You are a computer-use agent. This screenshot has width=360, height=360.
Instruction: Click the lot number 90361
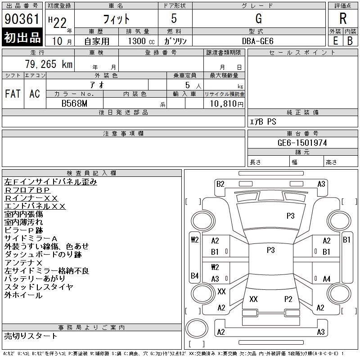[x=22, y=19]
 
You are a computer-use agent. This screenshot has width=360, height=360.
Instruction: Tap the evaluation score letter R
[x=343, y=19]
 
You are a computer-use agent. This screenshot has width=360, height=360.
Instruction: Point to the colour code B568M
[x=75, y=103]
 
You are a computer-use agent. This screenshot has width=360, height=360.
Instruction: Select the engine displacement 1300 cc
[x=139, y=41]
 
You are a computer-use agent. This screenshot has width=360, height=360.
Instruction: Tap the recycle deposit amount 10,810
[x=224, y=103]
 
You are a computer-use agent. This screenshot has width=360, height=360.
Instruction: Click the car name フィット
[x=116, y=19]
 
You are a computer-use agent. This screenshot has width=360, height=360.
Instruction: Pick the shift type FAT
[x=13, y=94]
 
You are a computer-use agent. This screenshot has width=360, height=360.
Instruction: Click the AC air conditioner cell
[x=35, y=94]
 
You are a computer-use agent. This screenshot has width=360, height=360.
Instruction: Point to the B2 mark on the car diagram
[x=220, y=184]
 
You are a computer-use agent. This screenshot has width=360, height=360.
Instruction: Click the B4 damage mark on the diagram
[x=194, y=275]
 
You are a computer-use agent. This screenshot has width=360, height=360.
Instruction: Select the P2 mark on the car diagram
[x=288, y=299]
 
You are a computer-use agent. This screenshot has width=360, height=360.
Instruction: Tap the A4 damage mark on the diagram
[x=327, y=279]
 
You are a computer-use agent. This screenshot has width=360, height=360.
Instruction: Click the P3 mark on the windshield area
[x=290, y=216]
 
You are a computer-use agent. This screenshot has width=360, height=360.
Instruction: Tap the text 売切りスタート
[x=31, y=336]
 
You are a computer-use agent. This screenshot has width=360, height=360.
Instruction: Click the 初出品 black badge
[x=22, y=38]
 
